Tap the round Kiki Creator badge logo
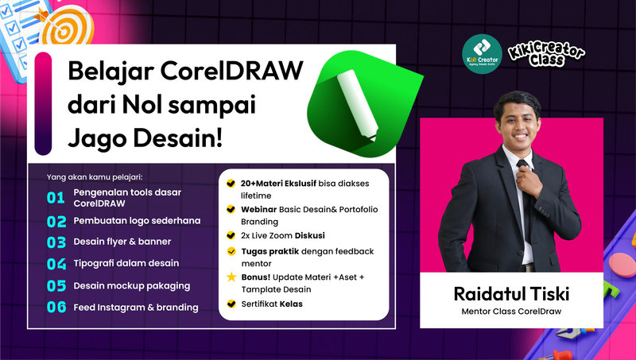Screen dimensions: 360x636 481,54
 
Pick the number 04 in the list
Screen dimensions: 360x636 56,264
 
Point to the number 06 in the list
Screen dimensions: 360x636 56,308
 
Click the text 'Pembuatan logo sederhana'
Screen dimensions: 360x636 137,220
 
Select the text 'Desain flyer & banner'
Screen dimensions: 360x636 122,242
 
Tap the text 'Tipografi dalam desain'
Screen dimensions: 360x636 126,263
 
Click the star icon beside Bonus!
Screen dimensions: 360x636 231,277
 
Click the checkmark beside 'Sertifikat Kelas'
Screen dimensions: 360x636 231,304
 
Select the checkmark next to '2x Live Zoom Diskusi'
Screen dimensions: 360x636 231,236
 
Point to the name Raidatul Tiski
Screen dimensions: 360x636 511,292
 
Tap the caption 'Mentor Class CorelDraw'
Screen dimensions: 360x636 511,311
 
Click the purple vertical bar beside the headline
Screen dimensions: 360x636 45,104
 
